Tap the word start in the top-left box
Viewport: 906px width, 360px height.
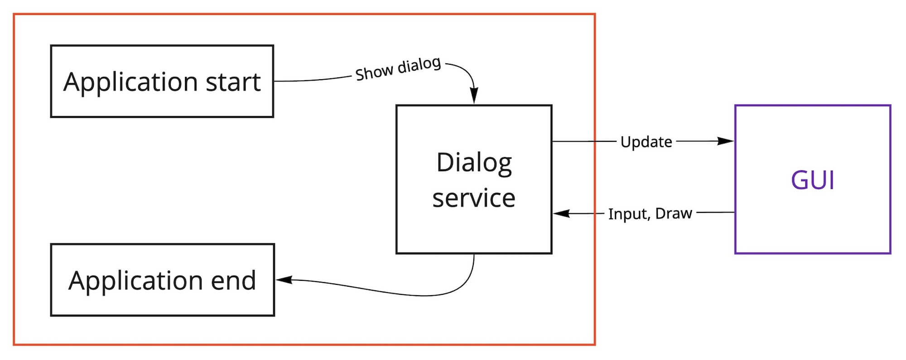233,82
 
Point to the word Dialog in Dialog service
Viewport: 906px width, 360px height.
474,163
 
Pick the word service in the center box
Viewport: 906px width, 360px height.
474,198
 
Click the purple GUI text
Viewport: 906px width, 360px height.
812,180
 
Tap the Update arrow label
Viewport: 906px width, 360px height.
646,142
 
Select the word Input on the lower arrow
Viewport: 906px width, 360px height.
627,214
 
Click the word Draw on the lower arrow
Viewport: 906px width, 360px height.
674,213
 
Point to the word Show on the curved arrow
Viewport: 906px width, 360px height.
374,72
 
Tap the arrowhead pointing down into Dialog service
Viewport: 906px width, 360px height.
474,96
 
